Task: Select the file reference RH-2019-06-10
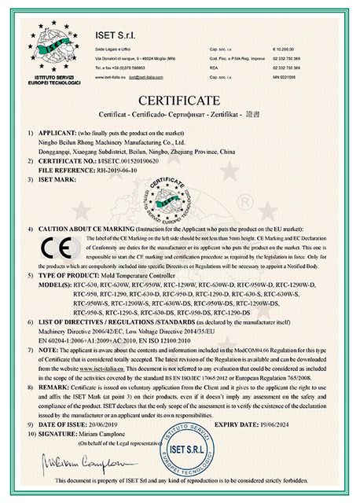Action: click(x=118, y=169)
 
